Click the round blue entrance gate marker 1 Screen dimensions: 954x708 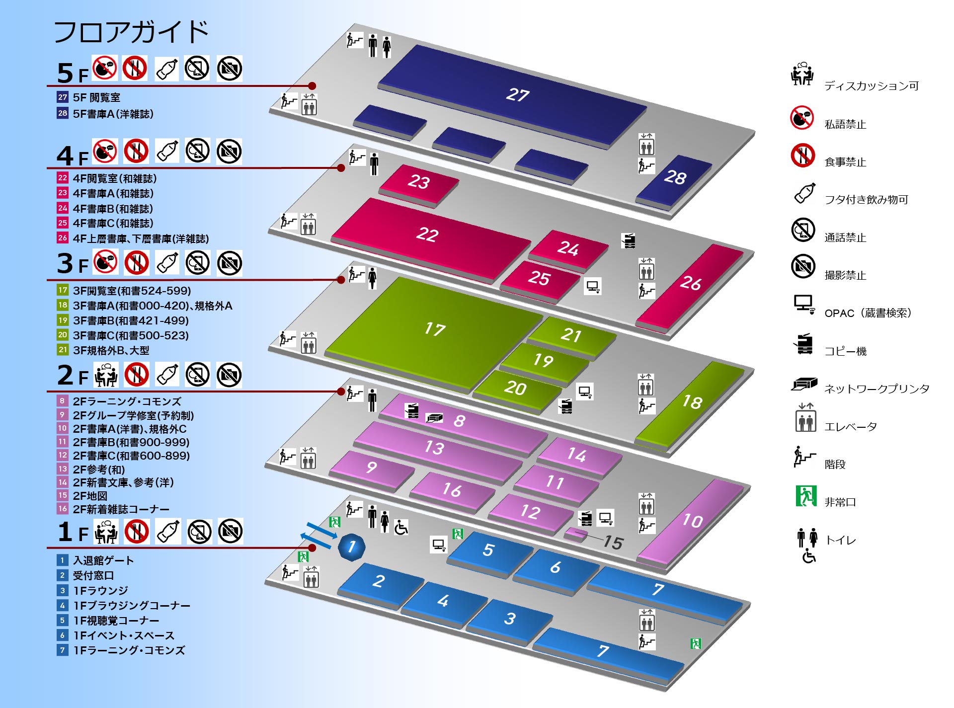351,547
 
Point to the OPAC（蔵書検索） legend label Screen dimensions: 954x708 868,313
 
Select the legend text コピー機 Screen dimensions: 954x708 845,351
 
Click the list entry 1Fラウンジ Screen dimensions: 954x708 100,590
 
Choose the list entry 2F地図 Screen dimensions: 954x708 90,495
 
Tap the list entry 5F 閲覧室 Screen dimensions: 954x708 96,97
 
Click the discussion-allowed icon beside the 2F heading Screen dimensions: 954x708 106,375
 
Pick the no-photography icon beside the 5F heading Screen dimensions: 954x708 230,69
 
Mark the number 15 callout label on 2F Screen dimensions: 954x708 613,542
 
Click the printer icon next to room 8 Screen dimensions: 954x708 434,417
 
